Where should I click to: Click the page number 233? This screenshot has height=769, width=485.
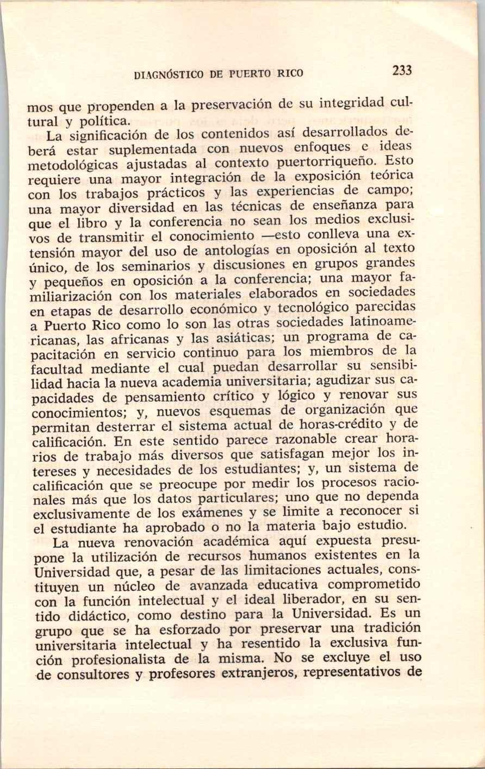pos(402,70)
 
